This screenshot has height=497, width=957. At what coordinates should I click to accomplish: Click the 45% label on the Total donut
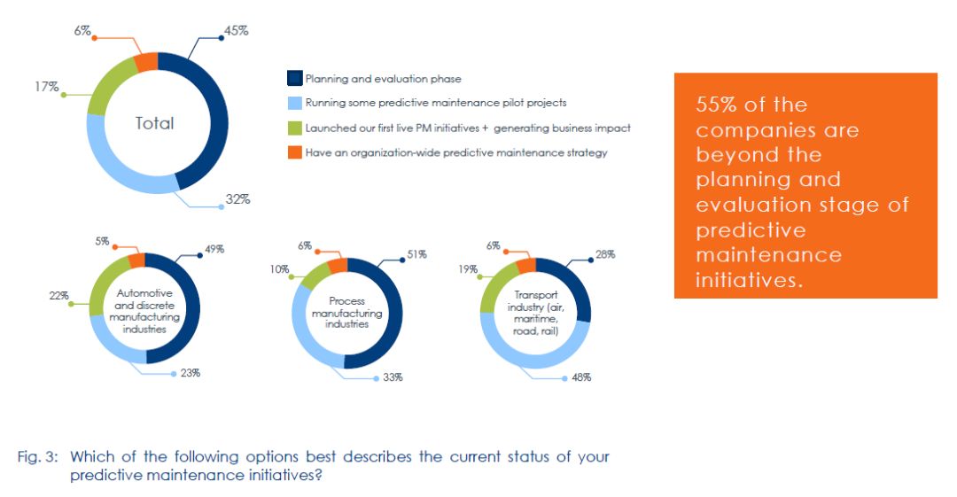click(x=237, y=30)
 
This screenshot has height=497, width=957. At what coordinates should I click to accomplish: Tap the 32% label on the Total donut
click(x=237, y=199)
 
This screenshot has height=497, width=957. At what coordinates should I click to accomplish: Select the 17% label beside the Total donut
click(x=47, y=87)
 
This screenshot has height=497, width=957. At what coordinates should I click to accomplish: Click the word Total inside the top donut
click(x=154, y=123)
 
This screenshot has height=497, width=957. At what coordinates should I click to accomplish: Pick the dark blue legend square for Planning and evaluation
click(x=295, y=79)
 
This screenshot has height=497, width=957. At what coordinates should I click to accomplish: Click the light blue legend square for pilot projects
click(x=295, y=103)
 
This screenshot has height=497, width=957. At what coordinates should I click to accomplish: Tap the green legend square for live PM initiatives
click(x=295, y=128)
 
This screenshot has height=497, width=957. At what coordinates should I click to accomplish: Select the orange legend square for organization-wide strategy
click(x=295, y=152)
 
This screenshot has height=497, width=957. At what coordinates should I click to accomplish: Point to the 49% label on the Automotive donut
click(x=214, y=250)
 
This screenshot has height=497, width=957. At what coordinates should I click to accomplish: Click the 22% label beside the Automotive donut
click(x=59, y=296)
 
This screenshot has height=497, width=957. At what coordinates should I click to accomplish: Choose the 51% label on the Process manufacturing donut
click(x=416, y=254)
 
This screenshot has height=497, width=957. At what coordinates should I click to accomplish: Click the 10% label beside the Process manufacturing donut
click(x=280, y=269)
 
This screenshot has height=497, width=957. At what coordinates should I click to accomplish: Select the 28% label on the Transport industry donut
click(x=605, y=254)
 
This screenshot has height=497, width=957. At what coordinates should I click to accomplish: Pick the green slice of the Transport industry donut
click(x=490, y=289)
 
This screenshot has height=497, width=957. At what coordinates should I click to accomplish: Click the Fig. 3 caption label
click(x=36, y=457)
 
